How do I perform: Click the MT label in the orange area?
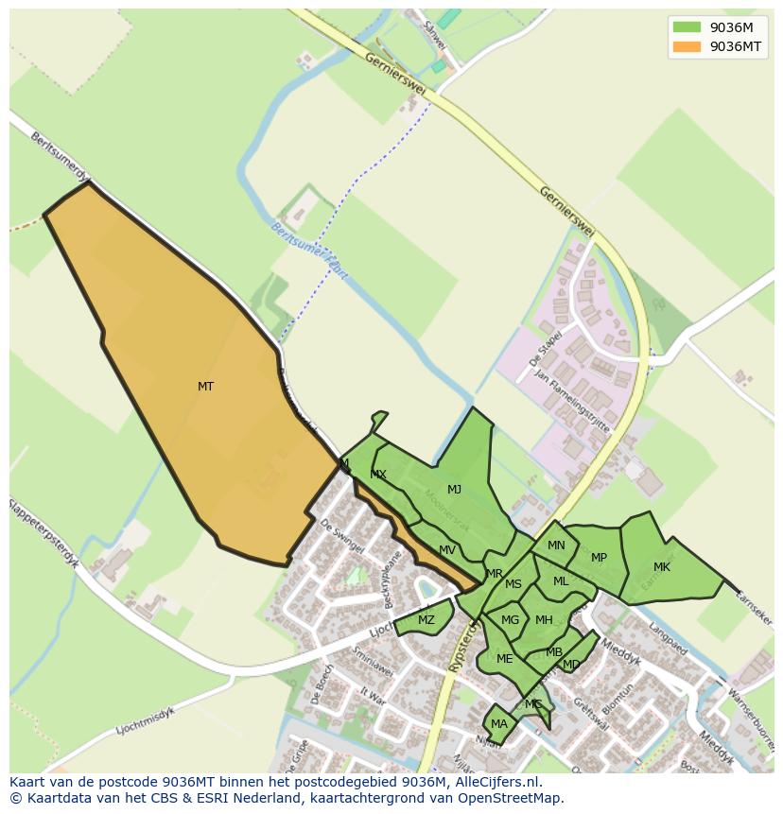click(x=205, y=387)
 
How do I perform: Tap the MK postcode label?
click(x=662, y=567)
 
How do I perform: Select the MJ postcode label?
click(x=454, y=490)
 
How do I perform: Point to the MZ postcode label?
click(x=426, y=620)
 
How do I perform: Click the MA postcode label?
click(x=498, y=724)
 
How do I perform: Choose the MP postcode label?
click(x=599, y=558)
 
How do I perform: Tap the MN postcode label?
click(x=556, y=546)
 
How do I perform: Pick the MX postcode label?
click(x=378, y=475)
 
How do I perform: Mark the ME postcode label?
click(x=504, y=659)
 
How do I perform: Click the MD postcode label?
click(x=571, y=665)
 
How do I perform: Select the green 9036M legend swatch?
click(x=687, y=27)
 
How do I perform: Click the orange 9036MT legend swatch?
click(x=687, y=46)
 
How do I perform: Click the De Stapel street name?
click(x=548, y=346)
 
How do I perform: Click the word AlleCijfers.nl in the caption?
click(x=495, y=782)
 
